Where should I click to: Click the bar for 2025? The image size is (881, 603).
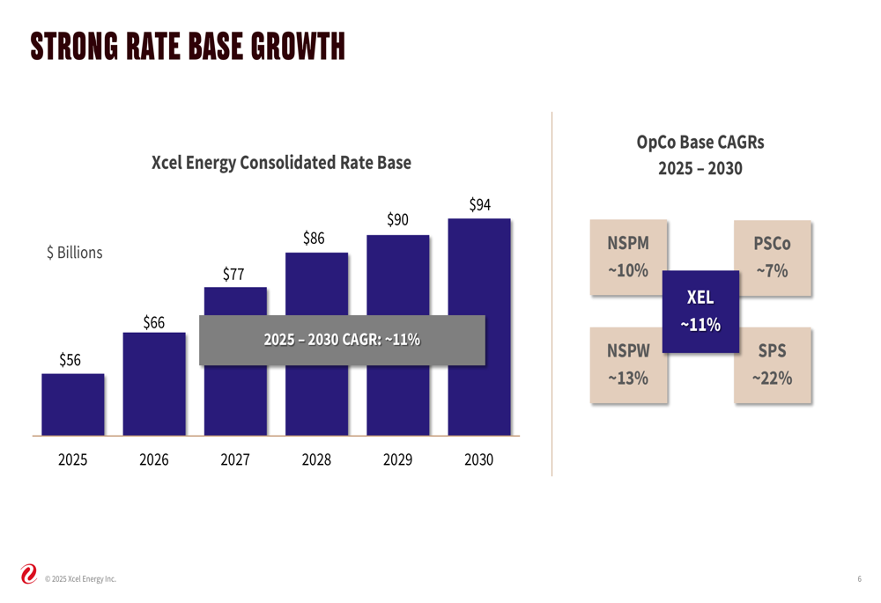[x=72, y=404]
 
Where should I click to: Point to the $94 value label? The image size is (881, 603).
[x=479, y=205]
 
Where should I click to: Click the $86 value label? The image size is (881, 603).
[x=314, y=238]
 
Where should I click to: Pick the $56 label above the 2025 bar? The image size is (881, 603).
[x=70, y=360]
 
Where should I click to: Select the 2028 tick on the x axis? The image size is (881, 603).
[x=316, y=460]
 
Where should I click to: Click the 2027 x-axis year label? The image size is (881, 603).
[x=235, y=460]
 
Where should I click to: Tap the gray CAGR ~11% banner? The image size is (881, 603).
[x=342, y=340]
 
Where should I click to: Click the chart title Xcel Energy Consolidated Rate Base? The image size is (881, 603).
[x=281, y=163]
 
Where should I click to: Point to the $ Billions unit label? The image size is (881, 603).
[x=74, y=253]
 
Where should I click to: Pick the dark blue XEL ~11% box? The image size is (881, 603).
[x=700, y=312]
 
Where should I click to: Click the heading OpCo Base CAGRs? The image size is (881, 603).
[x=700, y=143]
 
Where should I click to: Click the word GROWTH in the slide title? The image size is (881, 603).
[x=298, y=47]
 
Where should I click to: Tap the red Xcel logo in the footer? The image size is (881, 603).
[x=28, y=575]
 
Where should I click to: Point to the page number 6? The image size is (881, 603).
[x=859, y=578]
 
